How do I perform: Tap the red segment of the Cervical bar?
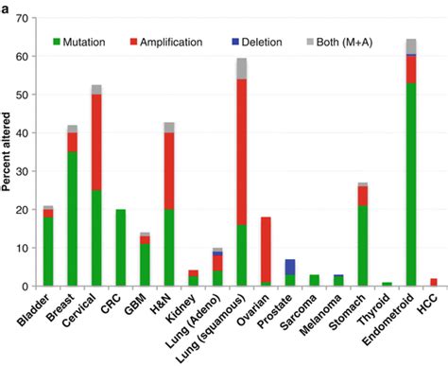coord(95,142)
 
